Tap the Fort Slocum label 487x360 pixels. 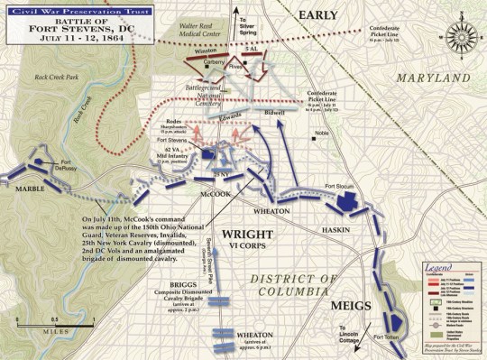tap(340, 187)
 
